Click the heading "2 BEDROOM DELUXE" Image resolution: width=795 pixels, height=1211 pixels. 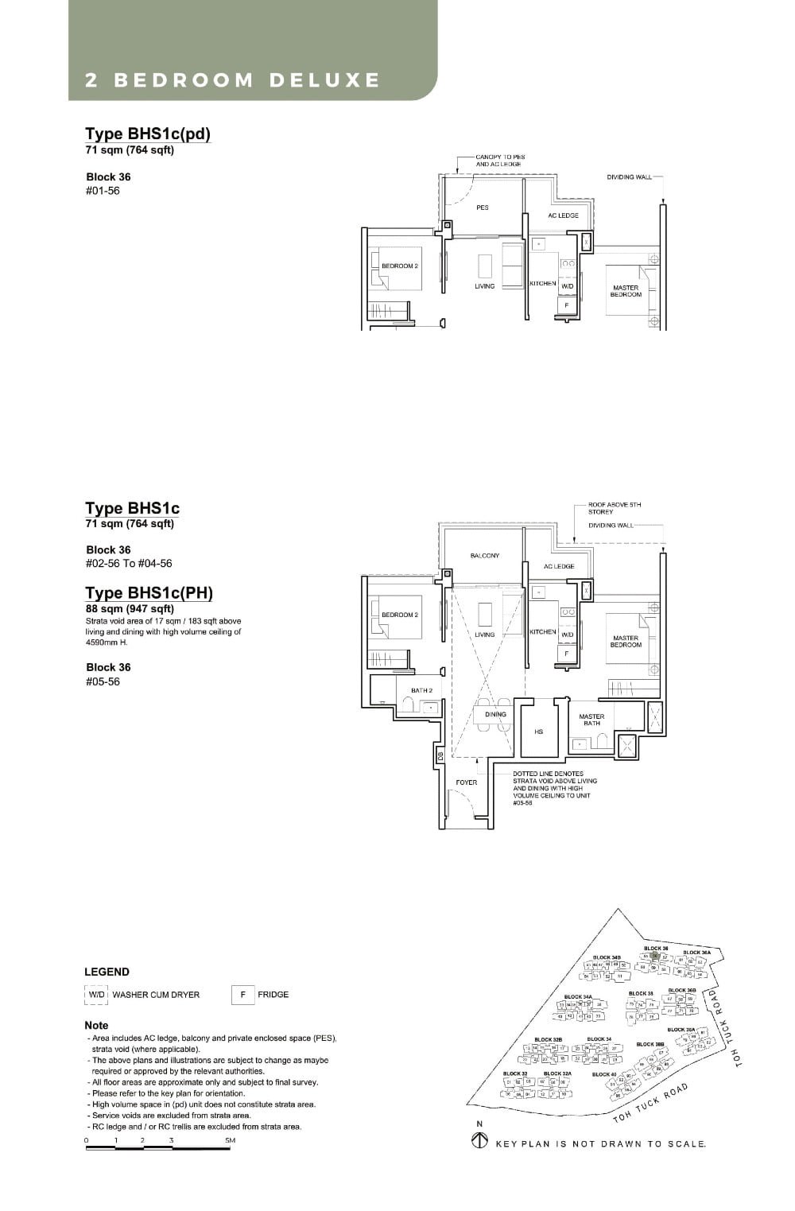pos(233,80)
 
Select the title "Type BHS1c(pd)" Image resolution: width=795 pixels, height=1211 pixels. pos(148,134)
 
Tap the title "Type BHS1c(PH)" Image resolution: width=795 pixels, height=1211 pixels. pos(149,592)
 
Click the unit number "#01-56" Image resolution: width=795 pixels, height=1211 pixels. pos(103,191)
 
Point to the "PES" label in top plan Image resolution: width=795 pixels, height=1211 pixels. pos(482,208)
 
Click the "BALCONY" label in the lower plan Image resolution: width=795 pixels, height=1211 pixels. pos(484,556)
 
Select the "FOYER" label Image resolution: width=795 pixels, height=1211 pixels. pos(467,782)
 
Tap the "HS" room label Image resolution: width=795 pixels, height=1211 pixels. pos(539,732)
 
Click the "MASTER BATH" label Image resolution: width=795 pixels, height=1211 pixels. pos(591,720)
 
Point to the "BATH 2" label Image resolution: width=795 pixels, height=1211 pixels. pos(421,690)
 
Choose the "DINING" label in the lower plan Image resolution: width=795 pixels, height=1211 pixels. pos(495,714)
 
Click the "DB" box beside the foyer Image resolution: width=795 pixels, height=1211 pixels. pos(440,757)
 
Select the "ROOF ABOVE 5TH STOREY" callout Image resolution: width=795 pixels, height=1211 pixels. pos(614,508)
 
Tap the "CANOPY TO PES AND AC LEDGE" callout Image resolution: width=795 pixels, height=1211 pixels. pos(500,161)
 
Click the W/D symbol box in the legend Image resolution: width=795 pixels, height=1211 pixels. pos(96,995)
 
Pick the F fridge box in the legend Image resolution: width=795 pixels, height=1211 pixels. pos(242,995)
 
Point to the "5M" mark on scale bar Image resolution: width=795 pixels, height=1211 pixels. pos(230,1140)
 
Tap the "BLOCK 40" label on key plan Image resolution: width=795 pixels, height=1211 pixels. pos(603,1074)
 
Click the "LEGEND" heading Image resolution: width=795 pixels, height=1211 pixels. pos(107,972)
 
